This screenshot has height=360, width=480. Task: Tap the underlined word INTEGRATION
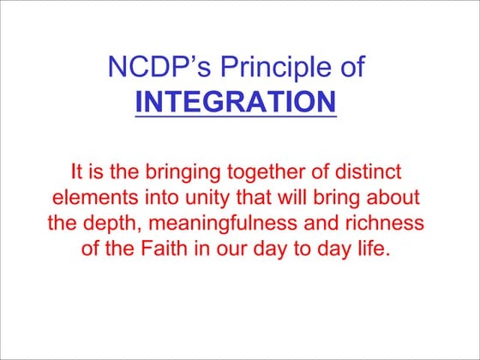point(236,102)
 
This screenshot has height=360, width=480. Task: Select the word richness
point(388,226)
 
